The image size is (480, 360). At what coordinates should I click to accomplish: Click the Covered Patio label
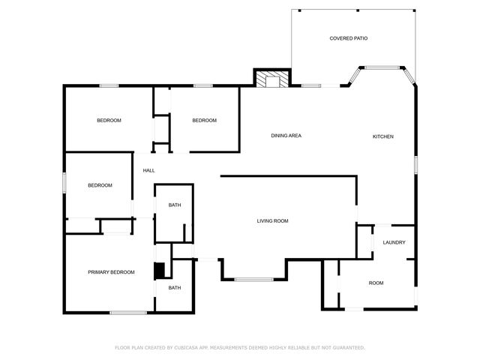point(349,38)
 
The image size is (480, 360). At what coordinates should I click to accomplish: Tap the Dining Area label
point(286,136)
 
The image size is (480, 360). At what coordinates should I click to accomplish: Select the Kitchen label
point(383,136)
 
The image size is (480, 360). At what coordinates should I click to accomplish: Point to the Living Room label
point(273,221)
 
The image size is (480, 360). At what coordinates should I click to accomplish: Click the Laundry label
point(394,242)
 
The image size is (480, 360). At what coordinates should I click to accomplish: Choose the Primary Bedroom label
point(111,272)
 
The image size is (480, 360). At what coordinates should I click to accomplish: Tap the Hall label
point(148,170)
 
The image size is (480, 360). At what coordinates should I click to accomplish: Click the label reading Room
point(376,283)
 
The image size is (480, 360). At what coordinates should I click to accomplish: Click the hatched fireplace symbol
point(270,79)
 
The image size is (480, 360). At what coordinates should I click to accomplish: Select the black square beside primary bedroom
point(158,271)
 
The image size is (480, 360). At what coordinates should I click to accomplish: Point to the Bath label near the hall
point(174,205)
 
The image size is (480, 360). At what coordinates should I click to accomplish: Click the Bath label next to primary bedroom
point(174,288)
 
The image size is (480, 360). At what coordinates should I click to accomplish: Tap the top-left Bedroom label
point(109,121)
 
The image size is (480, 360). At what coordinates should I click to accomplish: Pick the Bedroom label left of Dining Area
point(204,121)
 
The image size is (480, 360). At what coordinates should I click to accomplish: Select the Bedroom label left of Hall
point(100,186)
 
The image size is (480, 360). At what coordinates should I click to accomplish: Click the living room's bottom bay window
point(253,280)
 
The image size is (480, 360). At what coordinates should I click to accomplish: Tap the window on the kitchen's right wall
point(415,163)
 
